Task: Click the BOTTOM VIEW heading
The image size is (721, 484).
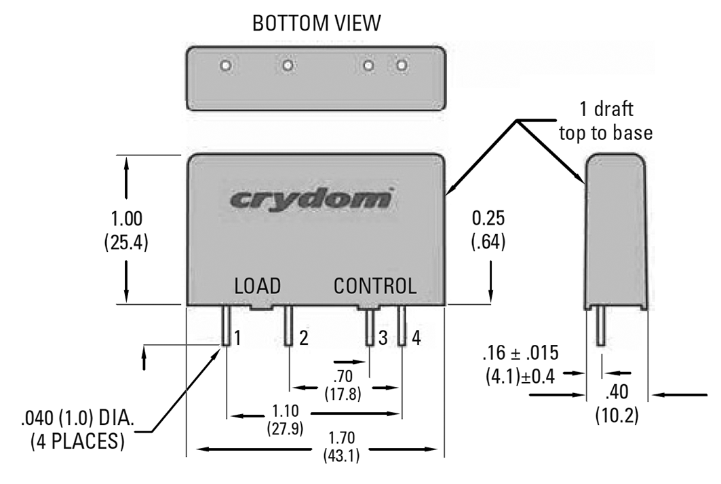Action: pyautogui.click(x=316, y=23)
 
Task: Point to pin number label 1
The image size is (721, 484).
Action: pyautogui.click(x=238, y=338)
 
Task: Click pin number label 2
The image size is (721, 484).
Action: pyautogui.click(x=303, y=338)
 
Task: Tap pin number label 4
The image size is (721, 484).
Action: pyautogui.click(x=416, y=338)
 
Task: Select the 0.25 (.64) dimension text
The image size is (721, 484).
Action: pyautogui.click(x=490, y=231)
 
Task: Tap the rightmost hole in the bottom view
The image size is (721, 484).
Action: pyautogui.click(x=402, y=66)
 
